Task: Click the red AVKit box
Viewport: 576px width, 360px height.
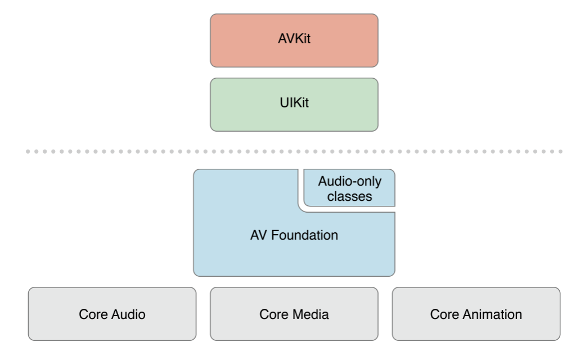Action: [x=294, y=40]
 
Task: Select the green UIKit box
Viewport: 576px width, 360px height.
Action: [x=294, y=104]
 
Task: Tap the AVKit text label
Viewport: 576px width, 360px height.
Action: [x=294, y=38]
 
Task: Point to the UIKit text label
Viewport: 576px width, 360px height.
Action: [x=294, y=102]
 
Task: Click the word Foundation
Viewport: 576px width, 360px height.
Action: [x=304, y=235]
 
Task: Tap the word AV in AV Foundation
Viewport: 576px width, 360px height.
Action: [x=259, y=235]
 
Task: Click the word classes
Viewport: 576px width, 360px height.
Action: [x=350, y=196]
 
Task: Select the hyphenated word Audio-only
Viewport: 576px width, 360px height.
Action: [x=350, y=182]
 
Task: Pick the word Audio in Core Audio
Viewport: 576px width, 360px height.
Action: [x=128, y=314]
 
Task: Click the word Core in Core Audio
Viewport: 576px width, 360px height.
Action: [x=93, y=314]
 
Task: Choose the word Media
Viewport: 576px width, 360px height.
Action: [x=312, y=314]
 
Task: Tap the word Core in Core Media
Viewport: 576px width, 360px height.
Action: [x=274, y=314]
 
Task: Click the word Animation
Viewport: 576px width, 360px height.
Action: [x=492, y=314]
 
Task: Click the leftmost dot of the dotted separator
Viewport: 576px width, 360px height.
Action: [x=28, y=151]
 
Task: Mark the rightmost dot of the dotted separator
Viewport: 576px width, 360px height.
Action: [x=561, y=151]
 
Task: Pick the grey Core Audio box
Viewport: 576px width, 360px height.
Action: [x=112, y=314]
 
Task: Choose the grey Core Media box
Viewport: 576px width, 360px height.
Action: [x=294, y=314]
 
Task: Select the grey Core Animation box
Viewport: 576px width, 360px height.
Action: [x=476, y=314]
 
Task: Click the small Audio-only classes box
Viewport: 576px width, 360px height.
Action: [x=349, y=188]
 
